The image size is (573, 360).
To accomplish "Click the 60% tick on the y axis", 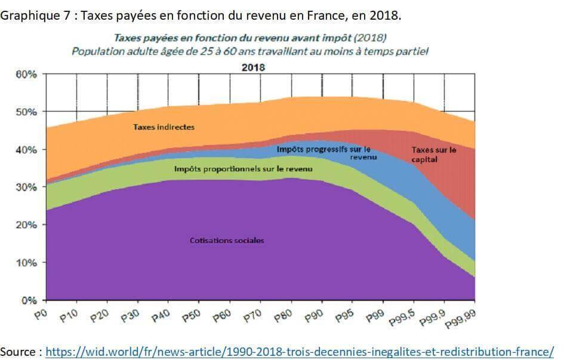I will (x=26, y=75).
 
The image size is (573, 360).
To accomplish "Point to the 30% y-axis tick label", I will (x=26, y=187).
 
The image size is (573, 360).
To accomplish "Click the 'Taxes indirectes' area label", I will (x=164, y=127).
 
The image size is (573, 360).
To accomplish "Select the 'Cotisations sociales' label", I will (x=227, y=241).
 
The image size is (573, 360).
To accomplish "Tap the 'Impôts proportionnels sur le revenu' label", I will (x=243, y=169).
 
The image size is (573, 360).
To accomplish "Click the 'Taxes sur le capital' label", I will (x=434, y=155).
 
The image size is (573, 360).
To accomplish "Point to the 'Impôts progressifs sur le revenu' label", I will (x=324, y=153).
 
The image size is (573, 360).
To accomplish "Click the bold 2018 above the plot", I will (x=253, y=67).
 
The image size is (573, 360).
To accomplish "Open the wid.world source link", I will (x=300, y=352).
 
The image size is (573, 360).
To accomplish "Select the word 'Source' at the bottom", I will (x=19, y=352).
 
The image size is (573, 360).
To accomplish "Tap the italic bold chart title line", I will (x=250, y=39).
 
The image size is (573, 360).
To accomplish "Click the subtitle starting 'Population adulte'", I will (x=250, y=51).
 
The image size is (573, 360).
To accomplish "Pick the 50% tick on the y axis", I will (x=26, y=112).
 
